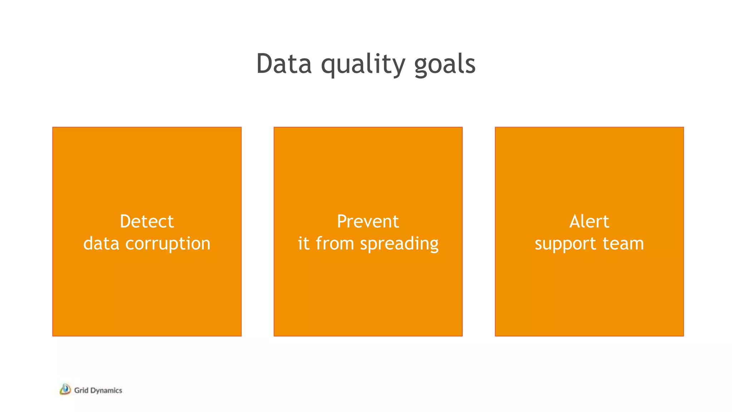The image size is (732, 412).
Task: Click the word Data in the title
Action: point(284,64)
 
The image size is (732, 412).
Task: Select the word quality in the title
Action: point(363,65)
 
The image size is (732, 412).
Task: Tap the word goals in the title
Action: point(445,65)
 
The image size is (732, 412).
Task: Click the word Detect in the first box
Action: point(147,221)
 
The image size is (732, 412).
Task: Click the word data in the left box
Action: point(101,244)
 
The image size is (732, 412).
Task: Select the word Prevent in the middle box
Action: point(368,221)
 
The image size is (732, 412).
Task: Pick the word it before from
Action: point(303,243)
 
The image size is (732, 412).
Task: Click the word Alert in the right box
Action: point(589,221)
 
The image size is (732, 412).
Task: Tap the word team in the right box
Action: point(623,244)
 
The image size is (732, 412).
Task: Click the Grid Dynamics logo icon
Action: point(65,389)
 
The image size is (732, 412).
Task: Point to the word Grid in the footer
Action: point(81,390)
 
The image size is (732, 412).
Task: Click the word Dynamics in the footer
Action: point(106,391)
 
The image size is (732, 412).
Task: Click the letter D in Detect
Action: point(126,221)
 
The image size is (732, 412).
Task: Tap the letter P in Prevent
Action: point(342,221)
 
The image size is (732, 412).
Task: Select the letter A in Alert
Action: point(575,221)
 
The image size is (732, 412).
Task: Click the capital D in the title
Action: point(264,64)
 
